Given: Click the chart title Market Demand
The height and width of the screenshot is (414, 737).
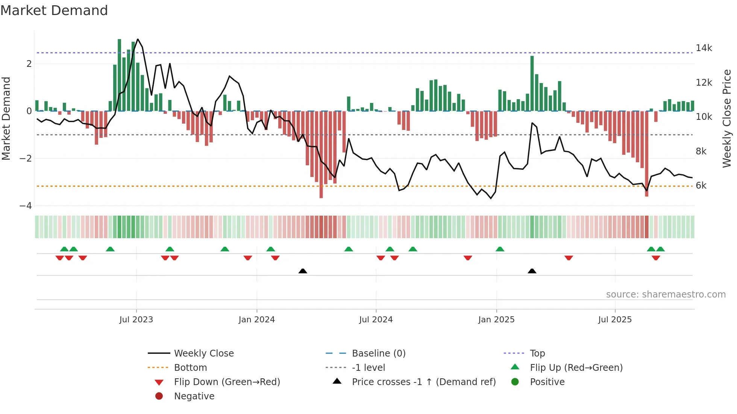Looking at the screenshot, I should coord(54,11).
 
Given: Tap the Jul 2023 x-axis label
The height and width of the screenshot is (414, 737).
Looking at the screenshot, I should coord(136,320).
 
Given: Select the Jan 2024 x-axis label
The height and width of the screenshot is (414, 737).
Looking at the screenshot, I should coord(257,320).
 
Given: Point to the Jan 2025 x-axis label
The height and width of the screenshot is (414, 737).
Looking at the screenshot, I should coord(496,320).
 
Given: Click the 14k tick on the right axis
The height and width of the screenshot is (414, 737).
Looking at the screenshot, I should coord(704,48).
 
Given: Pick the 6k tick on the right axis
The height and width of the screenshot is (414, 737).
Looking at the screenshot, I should coord(701,186).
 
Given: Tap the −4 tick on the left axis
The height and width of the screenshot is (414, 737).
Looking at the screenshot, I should coord(26,206).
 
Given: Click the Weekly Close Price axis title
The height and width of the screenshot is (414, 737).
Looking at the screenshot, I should coord(727,118).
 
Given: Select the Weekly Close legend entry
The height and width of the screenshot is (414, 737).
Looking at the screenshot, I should coord(203,354).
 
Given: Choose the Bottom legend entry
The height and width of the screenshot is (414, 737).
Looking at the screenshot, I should coord(190,368).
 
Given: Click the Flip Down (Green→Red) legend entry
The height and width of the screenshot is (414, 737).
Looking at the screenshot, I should coord(227,382).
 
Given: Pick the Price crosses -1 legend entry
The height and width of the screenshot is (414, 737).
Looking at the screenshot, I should coord(423,382).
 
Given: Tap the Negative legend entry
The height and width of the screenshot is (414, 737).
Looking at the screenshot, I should coord(194,396).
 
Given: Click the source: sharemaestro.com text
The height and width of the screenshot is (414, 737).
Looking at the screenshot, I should coord(666,295).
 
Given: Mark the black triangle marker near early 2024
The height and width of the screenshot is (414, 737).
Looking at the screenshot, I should coord(303,271).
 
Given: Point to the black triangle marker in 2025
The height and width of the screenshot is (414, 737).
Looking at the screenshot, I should coord(532,271).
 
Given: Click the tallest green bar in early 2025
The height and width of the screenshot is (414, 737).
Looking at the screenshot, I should coord(532,83).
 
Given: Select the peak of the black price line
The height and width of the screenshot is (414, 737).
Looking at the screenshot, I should coord(138,39).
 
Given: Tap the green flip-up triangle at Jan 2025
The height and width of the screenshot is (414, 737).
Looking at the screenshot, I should coord(500,249).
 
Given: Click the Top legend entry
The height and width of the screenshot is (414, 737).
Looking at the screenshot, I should coord(537,354).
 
